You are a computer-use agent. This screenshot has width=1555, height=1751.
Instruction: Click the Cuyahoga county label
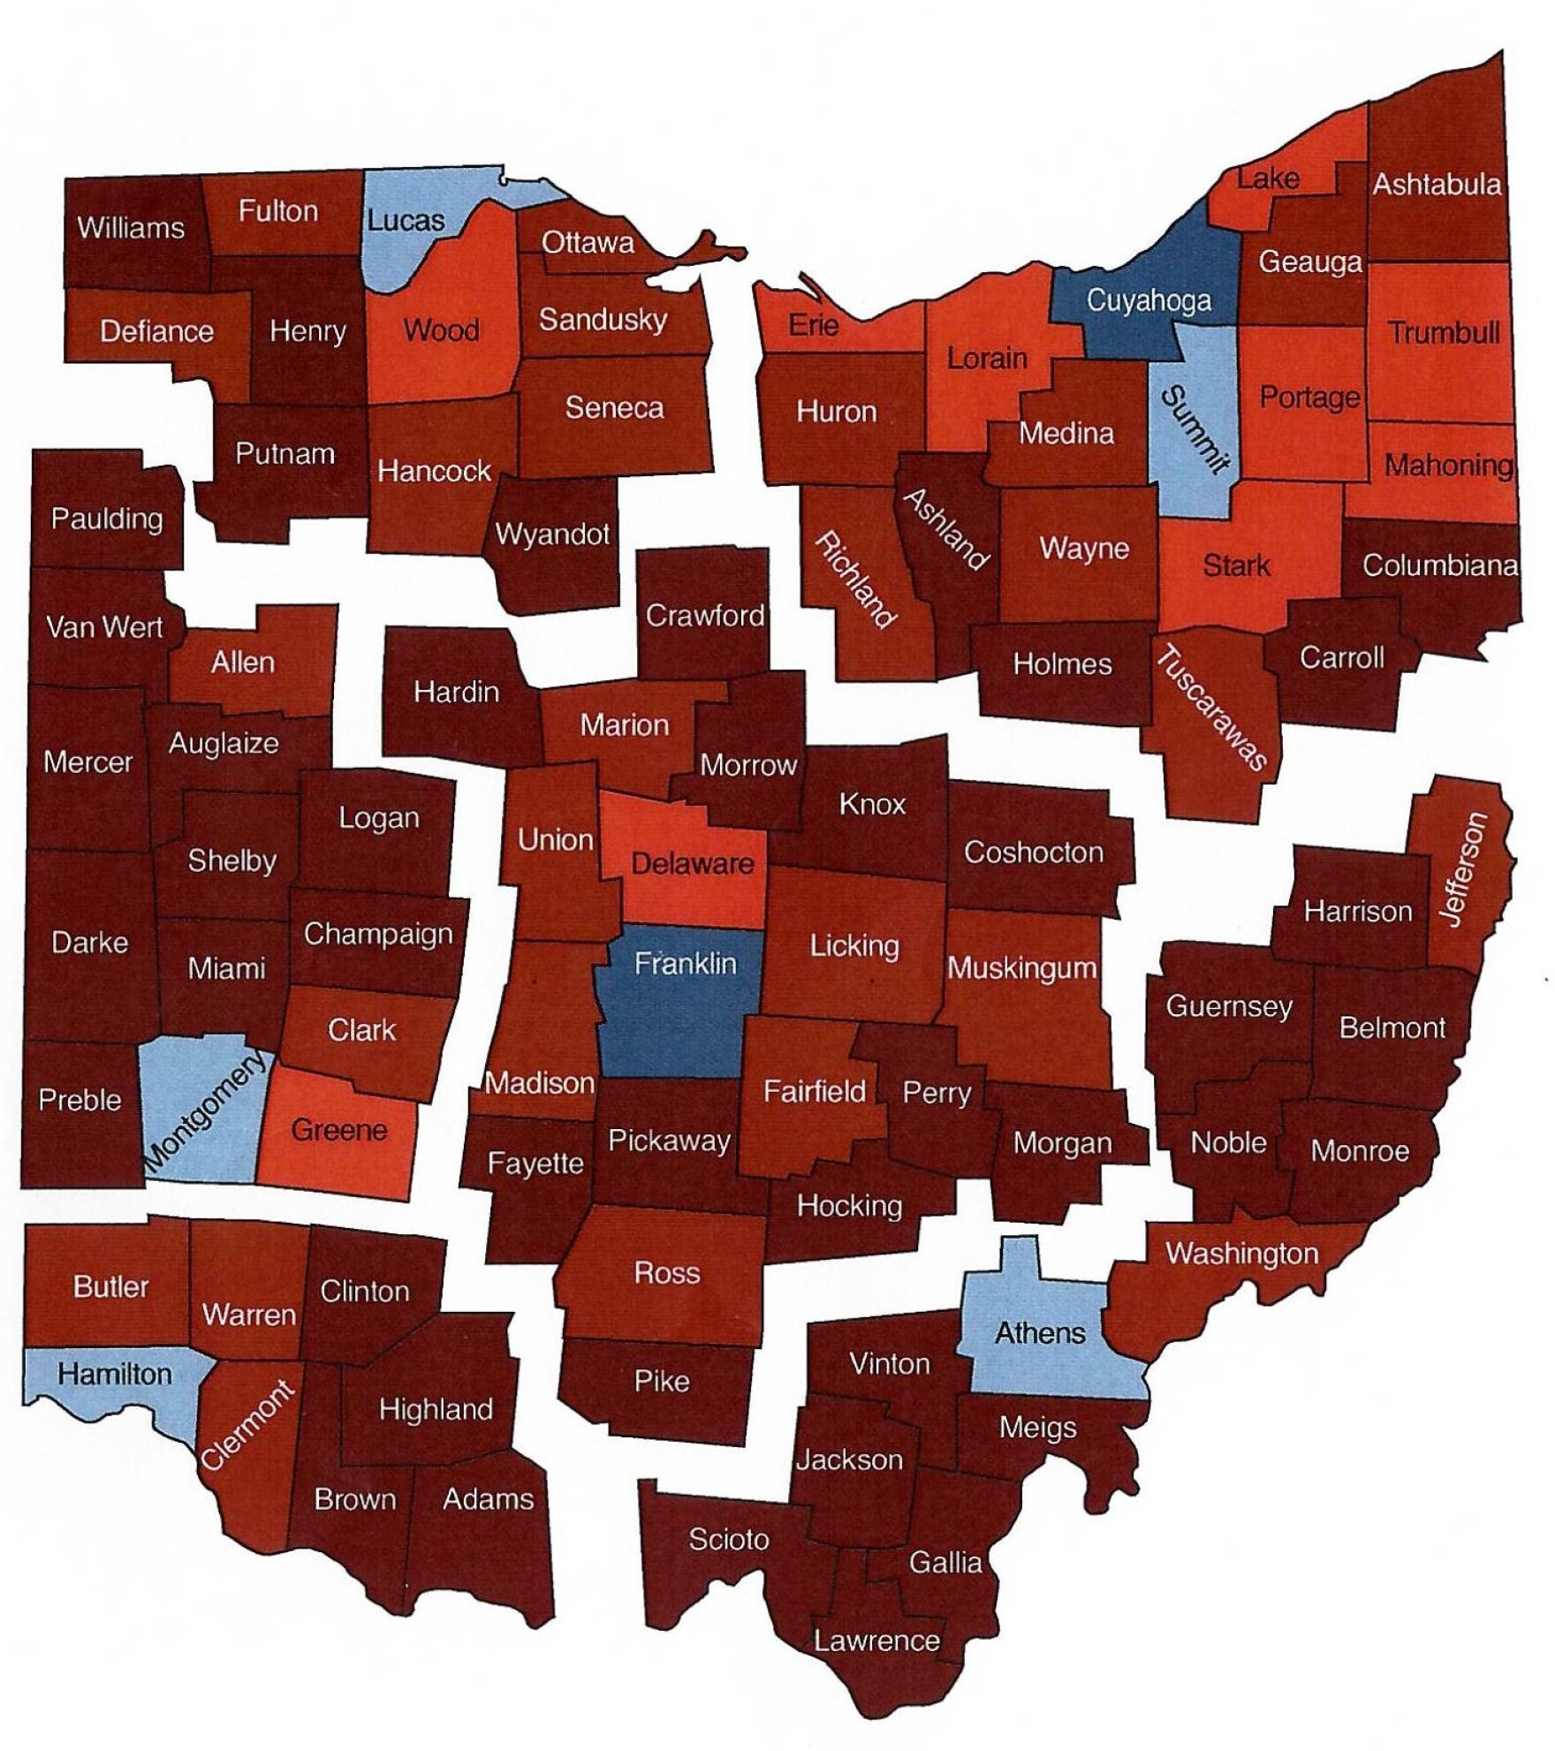1148,301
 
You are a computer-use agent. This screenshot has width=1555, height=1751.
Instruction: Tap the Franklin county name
685,962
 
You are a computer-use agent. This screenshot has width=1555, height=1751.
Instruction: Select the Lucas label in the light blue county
406,220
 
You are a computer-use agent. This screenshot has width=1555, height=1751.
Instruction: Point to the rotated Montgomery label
205,1114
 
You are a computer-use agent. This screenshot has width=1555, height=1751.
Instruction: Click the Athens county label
1040,1332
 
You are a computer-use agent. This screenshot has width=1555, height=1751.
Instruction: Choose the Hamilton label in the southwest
115,1374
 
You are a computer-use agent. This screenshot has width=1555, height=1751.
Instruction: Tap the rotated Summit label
1195,429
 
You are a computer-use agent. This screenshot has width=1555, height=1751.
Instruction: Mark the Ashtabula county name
1436,185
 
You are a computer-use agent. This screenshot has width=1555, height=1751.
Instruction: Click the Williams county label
131,228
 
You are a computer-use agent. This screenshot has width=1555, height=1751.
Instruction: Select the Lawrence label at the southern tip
876,1641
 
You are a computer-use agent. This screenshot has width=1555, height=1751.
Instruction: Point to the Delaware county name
693,863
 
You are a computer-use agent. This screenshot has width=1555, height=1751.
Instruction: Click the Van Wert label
104,627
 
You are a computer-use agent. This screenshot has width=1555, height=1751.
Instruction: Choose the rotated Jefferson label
1465,869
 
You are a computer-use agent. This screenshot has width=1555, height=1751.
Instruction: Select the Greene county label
339,1130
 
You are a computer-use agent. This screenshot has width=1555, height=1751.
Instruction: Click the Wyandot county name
552,534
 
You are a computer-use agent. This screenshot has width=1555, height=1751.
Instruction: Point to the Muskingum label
1021,968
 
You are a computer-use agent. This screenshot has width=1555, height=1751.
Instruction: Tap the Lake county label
1268,178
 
